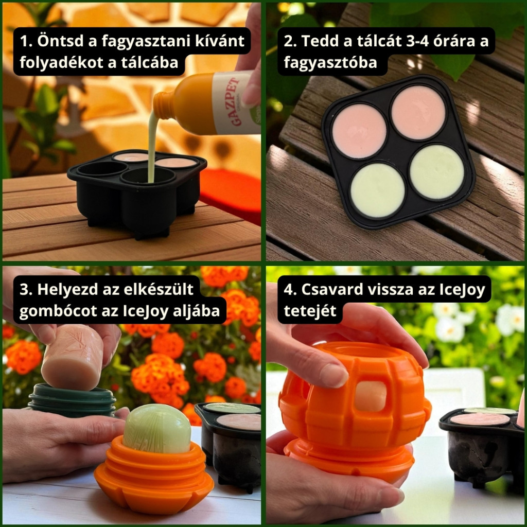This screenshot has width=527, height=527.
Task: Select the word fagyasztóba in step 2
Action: pyautogui.click(x=330, y=63)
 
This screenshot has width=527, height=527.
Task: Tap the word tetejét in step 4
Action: pyautogui.click(x=309, y=311)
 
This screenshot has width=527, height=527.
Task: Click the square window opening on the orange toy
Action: pyautogui.click(x=371, y=396)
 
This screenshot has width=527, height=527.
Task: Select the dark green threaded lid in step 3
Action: pyautogui.click(x=72, y=399)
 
